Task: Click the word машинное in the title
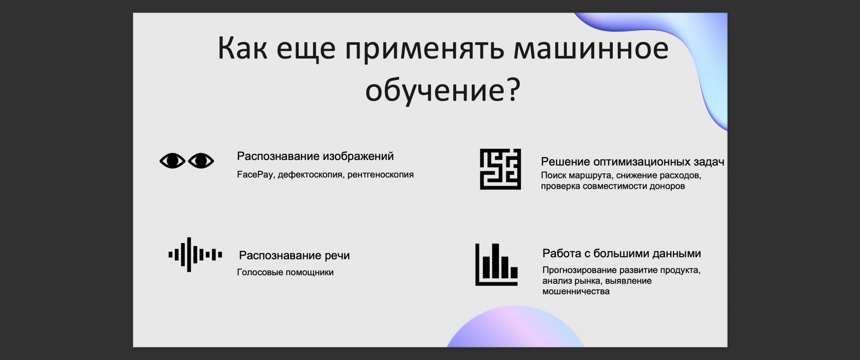tap(591, 48)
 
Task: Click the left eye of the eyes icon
tap(172, 161)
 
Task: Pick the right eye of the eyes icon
tap(201, 161)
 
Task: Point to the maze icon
tap(501, 169)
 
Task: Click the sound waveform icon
tap(195, 255)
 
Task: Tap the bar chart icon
tap(497, 265)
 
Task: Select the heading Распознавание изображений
tap(315, 156)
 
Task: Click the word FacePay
tap(255, 175)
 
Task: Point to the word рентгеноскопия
tap(381, 175)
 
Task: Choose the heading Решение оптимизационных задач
tap(633, 162)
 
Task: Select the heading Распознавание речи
tap(294, 255)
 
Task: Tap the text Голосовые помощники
tap(285, 272)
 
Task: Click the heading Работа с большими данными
tap(621, 253)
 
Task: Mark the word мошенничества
tap(576, 292)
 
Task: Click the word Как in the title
tap(243, 48)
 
